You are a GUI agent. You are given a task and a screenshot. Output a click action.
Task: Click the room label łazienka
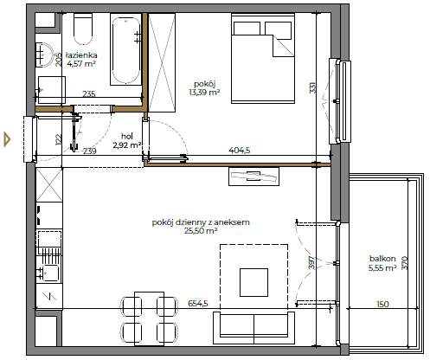click(x=81, y=55)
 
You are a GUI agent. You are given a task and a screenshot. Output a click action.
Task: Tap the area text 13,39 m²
click(x=204, y=93)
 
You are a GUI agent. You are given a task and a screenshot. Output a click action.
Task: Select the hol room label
click(x=127, y=136)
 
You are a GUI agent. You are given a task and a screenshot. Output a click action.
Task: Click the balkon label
click(x=382, y=259)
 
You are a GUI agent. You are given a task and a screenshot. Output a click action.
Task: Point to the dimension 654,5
click(x=198, y=304)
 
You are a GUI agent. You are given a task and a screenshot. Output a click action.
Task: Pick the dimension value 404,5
click(x=240, y=151)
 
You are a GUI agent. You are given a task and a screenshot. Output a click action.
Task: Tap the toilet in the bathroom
click(x=83, y=29)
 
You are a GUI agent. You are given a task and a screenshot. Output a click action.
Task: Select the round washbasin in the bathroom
click(x=44, y=55)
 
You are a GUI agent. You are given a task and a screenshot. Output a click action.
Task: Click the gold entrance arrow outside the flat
click(x=7, y=139)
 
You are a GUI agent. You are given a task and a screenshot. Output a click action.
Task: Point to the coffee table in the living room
click(x=254, y=282)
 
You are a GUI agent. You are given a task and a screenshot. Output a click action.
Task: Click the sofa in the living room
click(x=254, y=328)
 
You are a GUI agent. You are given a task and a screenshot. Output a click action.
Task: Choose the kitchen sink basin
click(x=50, y=273)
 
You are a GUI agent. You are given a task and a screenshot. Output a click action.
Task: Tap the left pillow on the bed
click(x=247, y=29)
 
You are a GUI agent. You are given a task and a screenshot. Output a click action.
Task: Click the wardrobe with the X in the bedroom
click(x=162, y=62)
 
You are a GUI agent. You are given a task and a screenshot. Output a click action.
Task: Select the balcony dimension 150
click(x=382, y=304)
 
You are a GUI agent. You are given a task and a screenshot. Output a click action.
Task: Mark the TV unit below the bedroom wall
click(x=254, y=177)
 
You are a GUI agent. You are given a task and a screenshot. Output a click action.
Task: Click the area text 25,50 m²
click(x=201, y=231)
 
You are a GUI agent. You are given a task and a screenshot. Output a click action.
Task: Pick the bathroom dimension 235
click(x=89, y=93)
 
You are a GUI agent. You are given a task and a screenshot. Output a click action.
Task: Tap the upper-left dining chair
click(x=131, y=307)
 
